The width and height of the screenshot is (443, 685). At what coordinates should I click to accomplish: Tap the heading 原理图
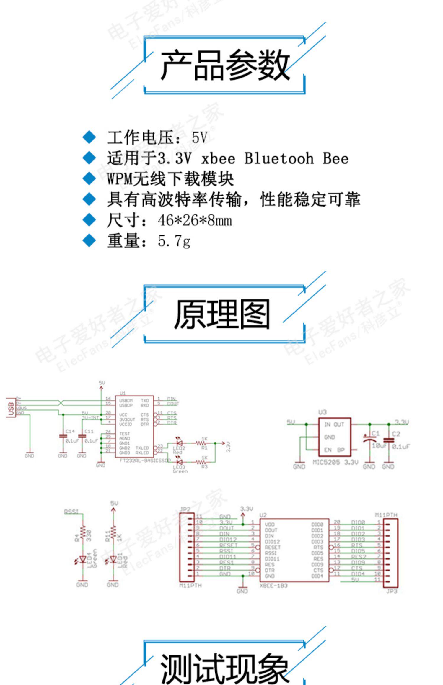tap(222, 314)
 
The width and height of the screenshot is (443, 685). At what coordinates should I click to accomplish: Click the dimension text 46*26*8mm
tap(195, 220)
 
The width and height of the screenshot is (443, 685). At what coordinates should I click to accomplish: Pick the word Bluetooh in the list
tap(279, 158)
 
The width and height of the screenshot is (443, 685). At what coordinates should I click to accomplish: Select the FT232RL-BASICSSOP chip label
tap(145, 461)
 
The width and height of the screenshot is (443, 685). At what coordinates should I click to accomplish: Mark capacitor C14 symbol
tap(63, 436)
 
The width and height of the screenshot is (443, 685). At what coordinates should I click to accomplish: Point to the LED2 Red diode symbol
tap(179, 443)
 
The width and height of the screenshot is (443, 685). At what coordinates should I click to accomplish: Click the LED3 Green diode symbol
tap(179, 462)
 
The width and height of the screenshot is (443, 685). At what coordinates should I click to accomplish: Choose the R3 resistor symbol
tap(201, 462)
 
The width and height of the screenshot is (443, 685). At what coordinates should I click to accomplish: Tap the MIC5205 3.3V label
tap(335, 462)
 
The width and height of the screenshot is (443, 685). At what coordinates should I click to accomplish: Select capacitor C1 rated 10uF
tap(369, 440)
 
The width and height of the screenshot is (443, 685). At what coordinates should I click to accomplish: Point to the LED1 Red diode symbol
tap(113, 559)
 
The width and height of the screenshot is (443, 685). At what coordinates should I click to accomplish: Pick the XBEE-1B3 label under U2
tap(273, 586)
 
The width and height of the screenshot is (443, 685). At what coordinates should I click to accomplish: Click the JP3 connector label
tap(392, 591)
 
